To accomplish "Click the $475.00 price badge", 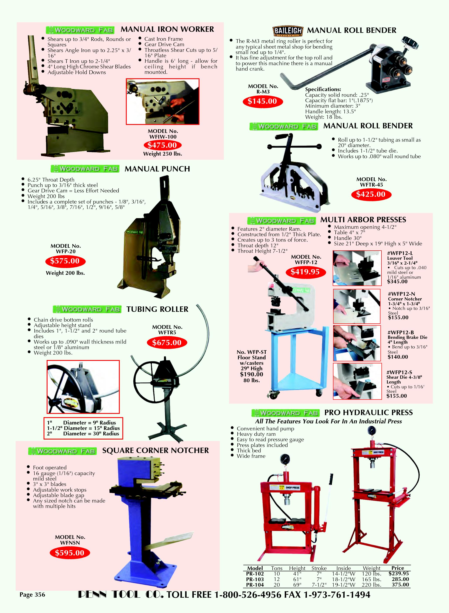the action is [x=162, y=145].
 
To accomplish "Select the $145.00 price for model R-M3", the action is [x=262, y=101].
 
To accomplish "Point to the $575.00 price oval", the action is [x=65, y=261].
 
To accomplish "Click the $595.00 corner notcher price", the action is [x=70, y=553].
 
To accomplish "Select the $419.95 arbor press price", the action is [x=305, y=272].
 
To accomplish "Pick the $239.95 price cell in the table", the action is [x=399, y=573].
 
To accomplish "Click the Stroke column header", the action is [x=319, y=568].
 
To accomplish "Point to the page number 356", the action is [x=32, y=594].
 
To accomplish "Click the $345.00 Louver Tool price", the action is [x=397, y=282].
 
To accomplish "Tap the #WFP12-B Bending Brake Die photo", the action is [x=357, y=343].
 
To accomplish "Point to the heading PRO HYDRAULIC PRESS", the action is [x=368, y=413].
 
